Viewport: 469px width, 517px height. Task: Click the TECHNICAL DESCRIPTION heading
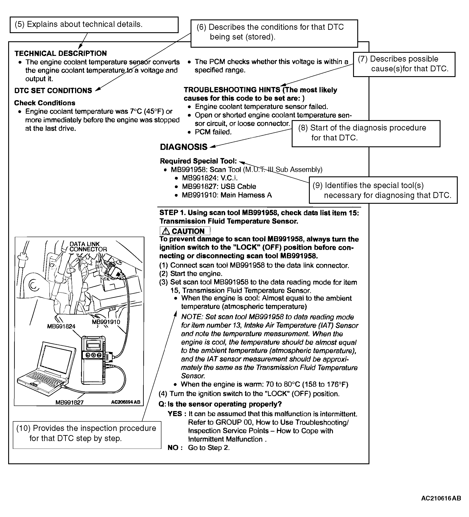coord(61,53)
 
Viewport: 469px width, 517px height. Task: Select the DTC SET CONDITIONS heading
coord(53,91)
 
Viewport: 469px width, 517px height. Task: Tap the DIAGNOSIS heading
coord(183,147)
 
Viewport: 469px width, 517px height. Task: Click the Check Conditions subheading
coord(45,103)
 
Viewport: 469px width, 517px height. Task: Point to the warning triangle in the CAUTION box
coord(166,231)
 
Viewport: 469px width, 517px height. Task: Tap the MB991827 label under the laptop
coord(70,402)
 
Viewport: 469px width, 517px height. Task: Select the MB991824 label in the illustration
coord(61,326)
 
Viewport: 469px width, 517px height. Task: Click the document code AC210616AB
coord(441,498)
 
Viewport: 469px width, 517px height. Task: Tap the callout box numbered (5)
coord(94,25)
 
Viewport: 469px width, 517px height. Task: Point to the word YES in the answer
coord(175,414)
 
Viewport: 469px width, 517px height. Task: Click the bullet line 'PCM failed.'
coord(213,132)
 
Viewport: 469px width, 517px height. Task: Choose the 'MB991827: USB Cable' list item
coord(219,187)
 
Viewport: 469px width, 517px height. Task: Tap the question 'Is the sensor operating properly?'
coord(225,404)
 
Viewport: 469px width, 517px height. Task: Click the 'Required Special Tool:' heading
coord(198,161)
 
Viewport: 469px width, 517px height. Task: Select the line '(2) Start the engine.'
coord(191,274)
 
